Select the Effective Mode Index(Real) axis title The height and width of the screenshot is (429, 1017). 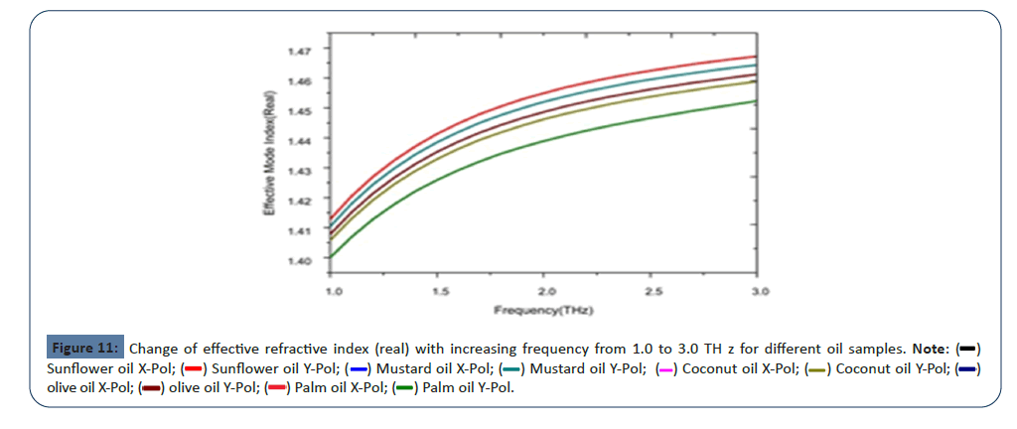pos(268,154)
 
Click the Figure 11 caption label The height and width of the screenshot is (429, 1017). pos(85,349)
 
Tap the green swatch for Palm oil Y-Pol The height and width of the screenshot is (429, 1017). pos(403,387)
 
